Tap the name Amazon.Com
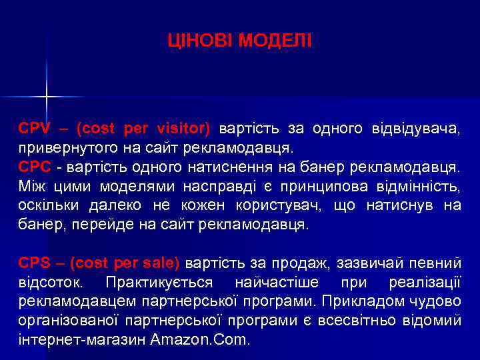pyautogui.click(x=200, y=339)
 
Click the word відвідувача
pyautogui.click(x=419, y=127)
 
